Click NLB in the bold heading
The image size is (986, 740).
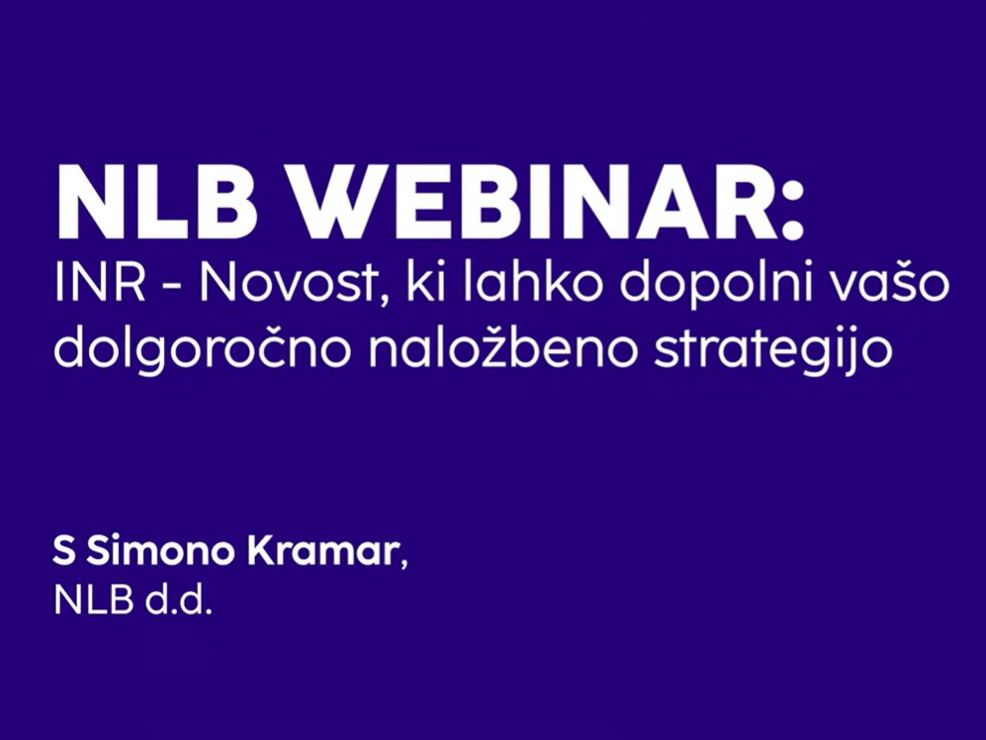(x=157, y=203)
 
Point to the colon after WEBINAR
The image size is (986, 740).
(x=793, y=212)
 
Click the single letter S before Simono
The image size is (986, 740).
(x=64, y=552)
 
